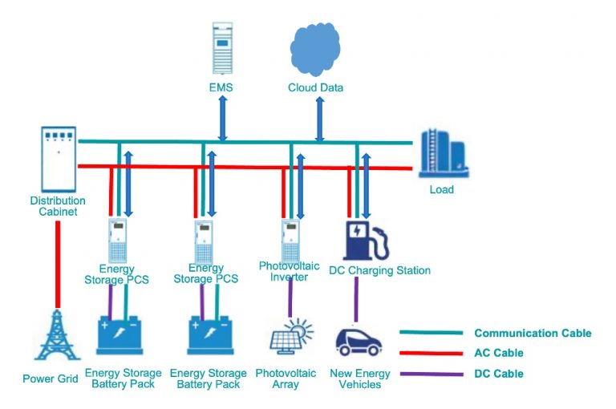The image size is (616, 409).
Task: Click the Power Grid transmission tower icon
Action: click(x=56, y=336)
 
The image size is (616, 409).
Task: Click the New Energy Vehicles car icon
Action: click(x=358, y=341)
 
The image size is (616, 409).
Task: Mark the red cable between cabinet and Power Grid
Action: click(x=57, y=263)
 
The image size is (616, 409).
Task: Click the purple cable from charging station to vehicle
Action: click(x=355, y=300)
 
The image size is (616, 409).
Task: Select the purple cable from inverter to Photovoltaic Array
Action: click(x=290, y=298)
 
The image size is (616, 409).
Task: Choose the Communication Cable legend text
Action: click(x=533, y=333)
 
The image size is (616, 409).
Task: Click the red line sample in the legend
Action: click(x=432, y=353)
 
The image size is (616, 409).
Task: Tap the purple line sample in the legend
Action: click(x=432, y=374)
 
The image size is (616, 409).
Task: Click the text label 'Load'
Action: click(x=441, y=190)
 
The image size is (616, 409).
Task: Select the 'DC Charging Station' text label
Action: click(x=379, y=270)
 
